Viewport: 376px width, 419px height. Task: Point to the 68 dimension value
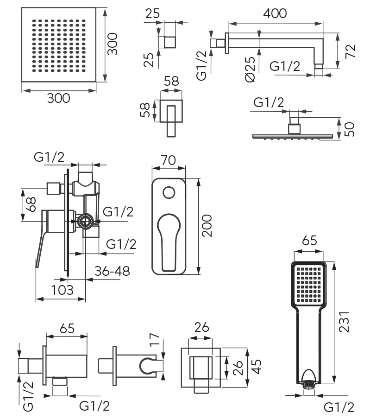(x=31, y=205)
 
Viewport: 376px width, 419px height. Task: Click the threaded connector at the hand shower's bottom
(x=309, y=383)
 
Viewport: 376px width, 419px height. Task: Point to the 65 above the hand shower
(x=309, y=242)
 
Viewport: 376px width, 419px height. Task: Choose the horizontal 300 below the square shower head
(x=58, y=98)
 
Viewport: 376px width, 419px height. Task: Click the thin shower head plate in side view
(x=293, y=136)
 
